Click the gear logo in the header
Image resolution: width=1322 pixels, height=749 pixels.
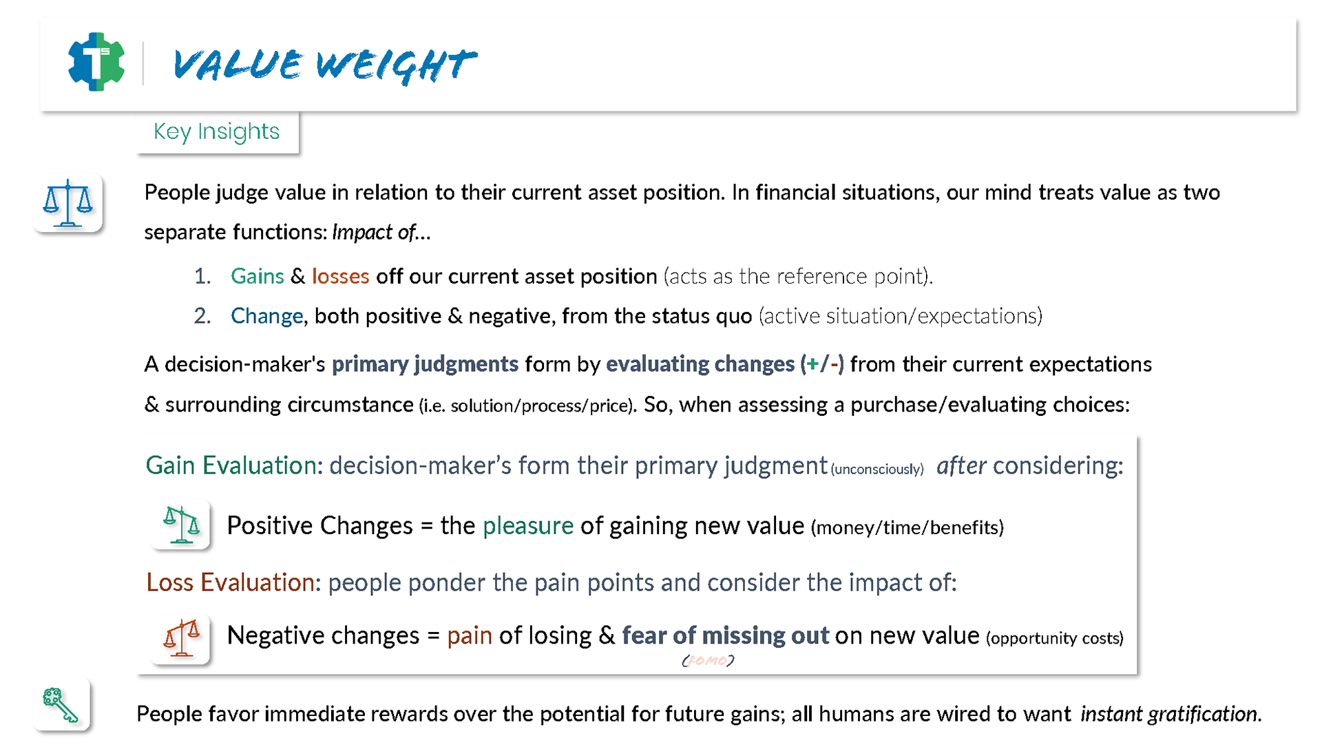[x=96, y=62]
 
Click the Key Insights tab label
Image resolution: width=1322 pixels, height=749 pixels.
[x=216, y=131]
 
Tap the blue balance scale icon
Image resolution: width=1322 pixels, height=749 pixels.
[x=67, y=203]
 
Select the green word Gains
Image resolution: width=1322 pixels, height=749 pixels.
[x=258, y=276]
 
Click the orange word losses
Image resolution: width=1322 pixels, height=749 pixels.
[x=341, y=276]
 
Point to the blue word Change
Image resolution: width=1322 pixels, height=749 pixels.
[x=267, y=316]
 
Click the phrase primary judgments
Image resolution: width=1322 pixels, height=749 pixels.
[x=425, y=364]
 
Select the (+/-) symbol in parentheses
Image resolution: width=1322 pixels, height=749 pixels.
[x=822, y=363]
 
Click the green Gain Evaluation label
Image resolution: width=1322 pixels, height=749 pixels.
[x=231, y=466]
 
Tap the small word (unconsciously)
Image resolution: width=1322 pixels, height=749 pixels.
[x=877, y=470]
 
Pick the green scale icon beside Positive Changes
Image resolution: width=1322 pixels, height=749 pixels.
[x=180, y=525]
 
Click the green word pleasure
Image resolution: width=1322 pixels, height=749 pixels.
[x=528, y=526]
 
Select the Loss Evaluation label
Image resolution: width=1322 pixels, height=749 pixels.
[x=231, y=583]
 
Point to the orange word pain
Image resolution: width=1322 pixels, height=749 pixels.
[x=470, y=636]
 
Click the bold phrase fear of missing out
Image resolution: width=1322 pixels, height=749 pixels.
[x=726, y=635]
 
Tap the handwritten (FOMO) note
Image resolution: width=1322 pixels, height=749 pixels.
[x=708, y=661]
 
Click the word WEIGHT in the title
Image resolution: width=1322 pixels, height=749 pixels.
[x=396, y=65]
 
